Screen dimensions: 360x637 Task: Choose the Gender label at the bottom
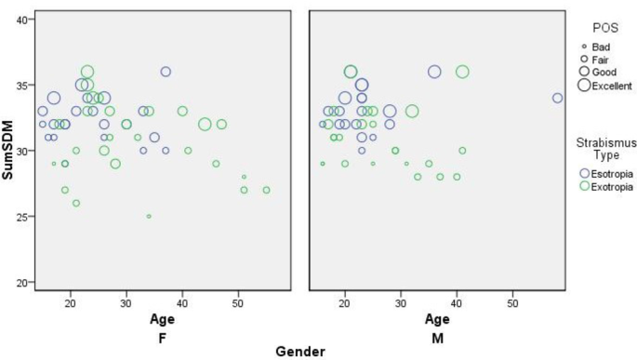[x=300, y=351]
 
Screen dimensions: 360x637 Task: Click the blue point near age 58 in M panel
[x=557, y=98]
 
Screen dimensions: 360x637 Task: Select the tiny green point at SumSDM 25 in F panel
[x=149, y=216]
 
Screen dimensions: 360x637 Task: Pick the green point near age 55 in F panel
[x=266, y=190]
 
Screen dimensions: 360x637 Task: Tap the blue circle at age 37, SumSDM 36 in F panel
[x=166, y=72]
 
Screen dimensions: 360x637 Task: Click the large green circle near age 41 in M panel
[x=462, y=72]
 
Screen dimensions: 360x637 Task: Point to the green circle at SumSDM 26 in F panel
[x=76, y=203]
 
